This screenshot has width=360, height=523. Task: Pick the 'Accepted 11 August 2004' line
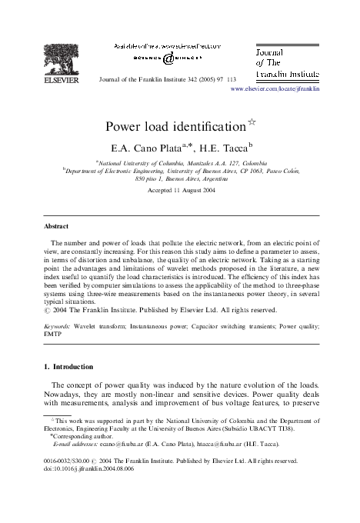tap(180, 189)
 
